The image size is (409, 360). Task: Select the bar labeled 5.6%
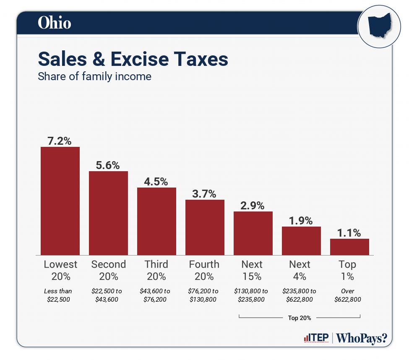pos(108,213)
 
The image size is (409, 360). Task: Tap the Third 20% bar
pos(156,221)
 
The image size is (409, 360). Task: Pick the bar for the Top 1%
pos(349,247)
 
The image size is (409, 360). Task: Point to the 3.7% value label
pos(205,194)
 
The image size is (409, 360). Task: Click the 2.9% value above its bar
pos(253,206)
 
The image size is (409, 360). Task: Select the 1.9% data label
pos(301,221)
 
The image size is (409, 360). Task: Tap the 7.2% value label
pos(60,141)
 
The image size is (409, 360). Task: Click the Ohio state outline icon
pos(379,26)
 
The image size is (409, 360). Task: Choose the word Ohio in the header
pos(54,23)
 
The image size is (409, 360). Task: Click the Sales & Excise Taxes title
pos(133,59)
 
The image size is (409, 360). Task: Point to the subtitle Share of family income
pos(94,77)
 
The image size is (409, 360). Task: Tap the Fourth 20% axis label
pos(204,270)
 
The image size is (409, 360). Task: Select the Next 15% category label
pos(252,270)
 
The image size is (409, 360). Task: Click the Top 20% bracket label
pos(300,318)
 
